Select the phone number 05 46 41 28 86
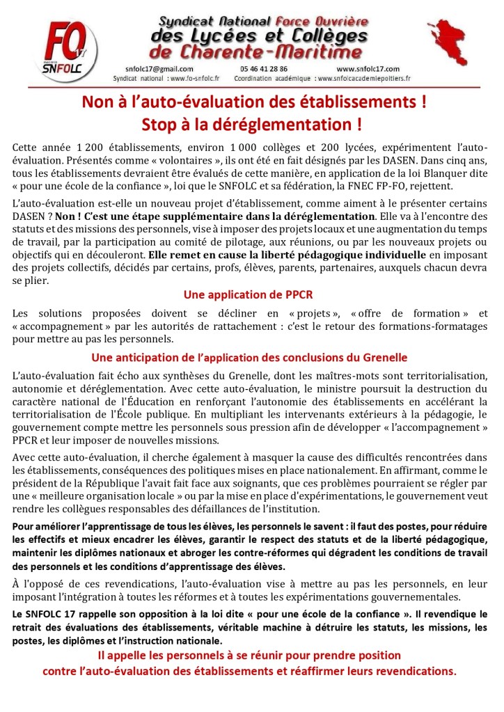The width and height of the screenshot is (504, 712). tap(262, 69)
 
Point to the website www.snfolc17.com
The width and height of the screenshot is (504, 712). tap(368, 69)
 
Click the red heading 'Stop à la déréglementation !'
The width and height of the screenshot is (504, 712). tap(251, 125)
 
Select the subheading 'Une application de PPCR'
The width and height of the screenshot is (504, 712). tap(251, 294)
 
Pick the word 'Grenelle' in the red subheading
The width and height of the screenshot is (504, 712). tap(383, 358)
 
